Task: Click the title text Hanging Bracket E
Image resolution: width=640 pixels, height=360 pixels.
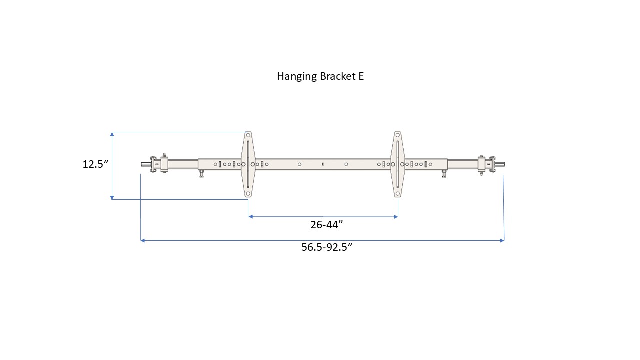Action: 320,76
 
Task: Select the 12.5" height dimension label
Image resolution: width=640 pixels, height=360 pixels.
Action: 95,164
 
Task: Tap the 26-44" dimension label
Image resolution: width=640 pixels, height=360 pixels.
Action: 326,225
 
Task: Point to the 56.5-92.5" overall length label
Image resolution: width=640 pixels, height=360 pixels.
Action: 327,247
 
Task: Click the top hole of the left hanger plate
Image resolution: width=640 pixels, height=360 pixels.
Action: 248,135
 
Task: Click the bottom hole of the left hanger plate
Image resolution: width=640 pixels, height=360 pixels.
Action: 248,193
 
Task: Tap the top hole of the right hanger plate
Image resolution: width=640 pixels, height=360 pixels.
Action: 398,135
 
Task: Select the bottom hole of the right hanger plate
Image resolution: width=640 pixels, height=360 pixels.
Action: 398,193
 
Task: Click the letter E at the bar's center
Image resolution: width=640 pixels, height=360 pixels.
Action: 323,164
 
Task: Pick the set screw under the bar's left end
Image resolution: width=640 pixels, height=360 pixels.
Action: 201,174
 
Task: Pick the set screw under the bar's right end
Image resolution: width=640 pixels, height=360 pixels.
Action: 444,174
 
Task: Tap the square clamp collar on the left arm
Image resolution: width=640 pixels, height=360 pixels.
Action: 164,164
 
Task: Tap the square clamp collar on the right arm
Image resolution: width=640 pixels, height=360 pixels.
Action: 481,164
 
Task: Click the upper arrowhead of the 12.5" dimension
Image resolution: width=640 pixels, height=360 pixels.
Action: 112,134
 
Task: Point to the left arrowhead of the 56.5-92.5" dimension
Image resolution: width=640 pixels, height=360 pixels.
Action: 143,241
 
